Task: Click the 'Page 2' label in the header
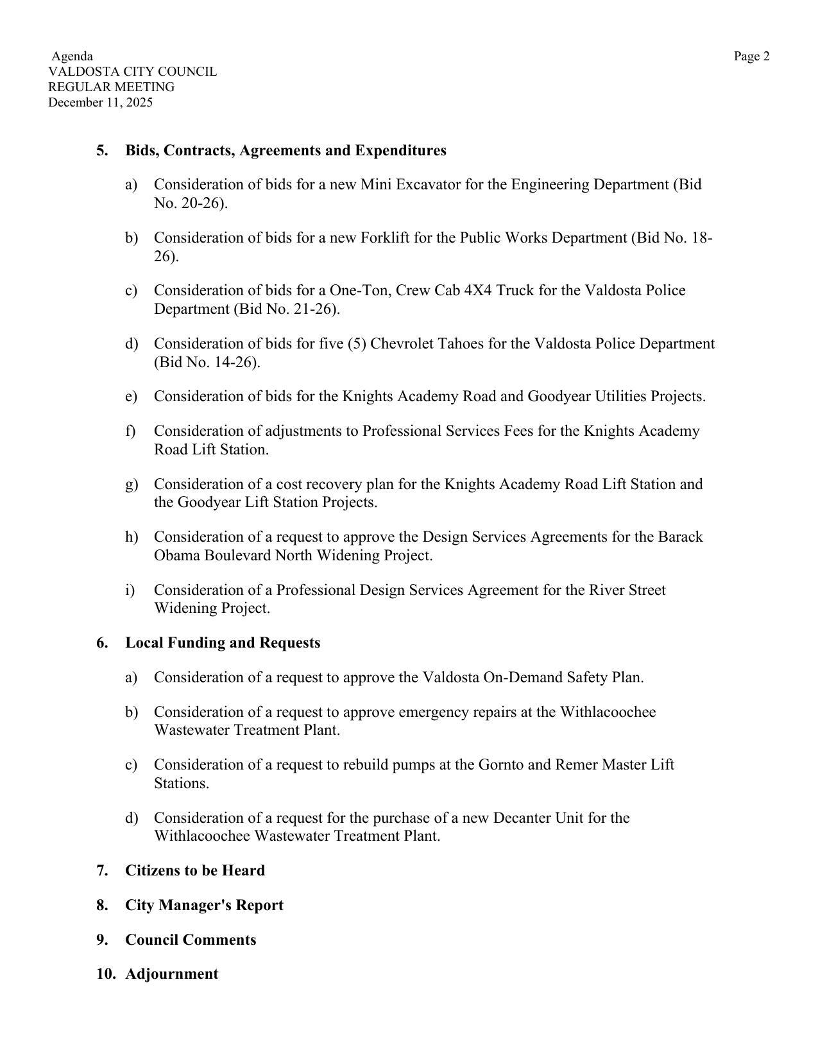751,56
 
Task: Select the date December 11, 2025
101,103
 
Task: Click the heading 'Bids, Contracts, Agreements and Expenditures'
285,151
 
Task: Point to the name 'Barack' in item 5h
680,537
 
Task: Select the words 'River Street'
627,590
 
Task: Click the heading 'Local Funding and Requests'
223,643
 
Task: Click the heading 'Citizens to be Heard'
195,871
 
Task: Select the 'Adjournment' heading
171,974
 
